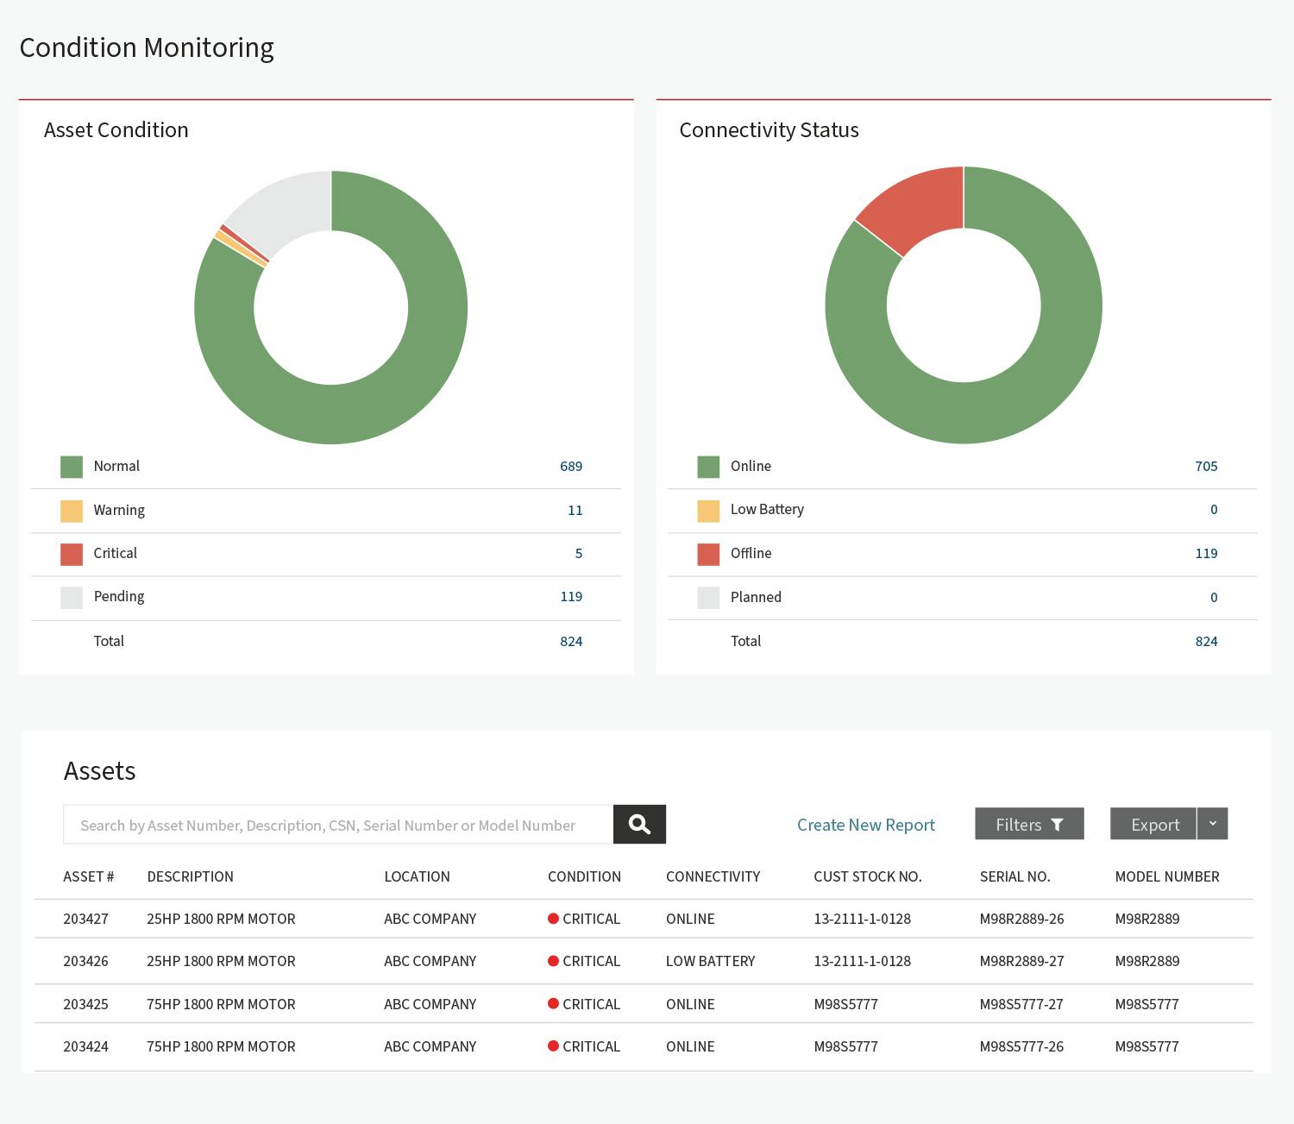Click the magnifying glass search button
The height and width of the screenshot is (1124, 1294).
click(x=639, y=824)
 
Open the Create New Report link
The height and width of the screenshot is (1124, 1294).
click(x=866, y=825)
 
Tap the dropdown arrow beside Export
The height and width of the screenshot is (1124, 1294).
click(x=1212, y=824)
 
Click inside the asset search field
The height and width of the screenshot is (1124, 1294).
click(x=337, y=825)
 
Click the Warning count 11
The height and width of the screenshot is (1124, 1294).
click(x=575, y=510)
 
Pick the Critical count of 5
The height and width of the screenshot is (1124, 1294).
click(x=579, y=554)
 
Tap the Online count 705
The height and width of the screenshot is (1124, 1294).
click(x=1206, y=467)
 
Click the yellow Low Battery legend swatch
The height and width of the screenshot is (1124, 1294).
click(x=708, y=511)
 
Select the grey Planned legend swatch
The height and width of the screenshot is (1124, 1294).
click(x=708, y=598)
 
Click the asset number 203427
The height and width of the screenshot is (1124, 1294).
click(x=86, y=919)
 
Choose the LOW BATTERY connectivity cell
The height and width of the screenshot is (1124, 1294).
click(x=710, y=961)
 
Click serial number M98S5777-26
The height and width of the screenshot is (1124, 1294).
click(x=1021, y=1046)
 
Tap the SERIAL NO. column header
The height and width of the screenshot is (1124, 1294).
click(x=1014, y=876)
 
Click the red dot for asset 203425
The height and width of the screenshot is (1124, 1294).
click(x=553, y=1003)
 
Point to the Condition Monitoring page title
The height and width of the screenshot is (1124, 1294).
click(x=147, y=48)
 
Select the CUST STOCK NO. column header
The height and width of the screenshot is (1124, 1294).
click(x=868, y=876)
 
